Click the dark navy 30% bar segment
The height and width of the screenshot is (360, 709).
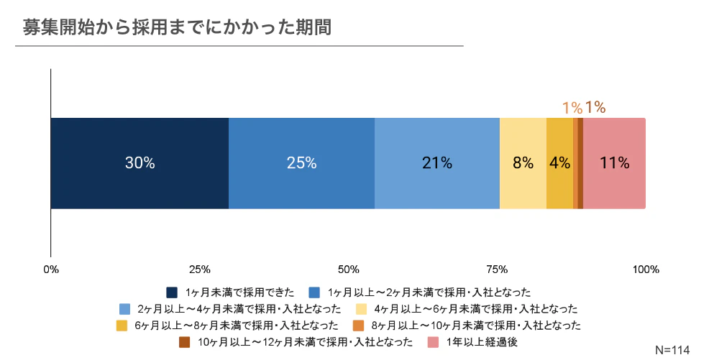point(139,163)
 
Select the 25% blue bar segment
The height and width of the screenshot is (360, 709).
point(301,163)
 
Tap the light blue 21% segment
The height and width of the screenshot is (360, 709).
point(437,163)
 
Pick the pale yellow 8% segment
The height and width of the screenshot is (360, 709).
point(523,163)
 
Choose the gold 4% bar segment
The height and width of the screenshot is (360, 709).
point(559,163)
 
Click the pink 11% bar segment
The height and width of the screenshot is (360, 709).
point(614,163)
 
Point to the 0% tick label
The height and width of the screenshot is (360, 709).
point(51,270)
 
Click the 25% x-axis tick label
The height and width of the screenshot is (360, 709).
point(199,270)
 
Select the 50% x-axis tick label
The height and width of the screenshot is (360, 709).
point(348,270)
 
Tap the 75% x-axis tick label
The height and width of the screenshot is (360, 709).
point(497,270)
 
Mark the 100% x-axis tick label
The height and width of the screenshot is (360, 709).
point(645,270)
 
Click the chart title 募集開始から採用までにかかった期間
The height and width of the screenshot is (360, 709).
point(177,27)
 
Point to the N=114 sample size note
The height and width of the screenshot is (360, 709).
point(672,350)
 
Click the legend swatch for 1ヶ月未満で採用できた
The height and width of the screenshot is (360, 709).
point(172,292)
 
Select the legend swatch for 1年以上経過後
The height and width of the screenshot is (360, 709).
point(433,342)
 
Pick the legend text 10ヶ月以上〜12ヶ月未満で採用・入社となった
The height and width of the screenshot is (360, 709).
point(306,342)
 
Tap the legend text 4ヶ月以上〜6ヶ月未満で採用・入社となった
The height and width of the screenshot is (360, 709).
point(476,309)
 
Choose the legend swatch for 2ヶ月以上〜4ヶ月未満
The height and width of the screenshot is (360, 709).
point(124,309)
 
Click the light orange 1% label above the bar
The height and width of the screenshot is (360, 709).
point(572,108)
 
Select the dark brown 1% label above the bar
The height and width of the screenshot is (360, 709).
point(595,108)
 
